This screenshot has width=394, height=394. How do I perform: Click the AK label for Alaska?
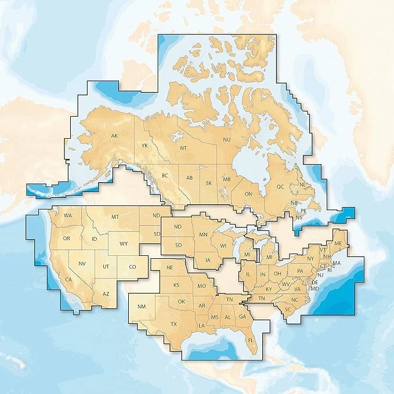[115, 137]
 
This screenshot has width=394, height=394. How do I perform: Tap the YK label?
[146, 145]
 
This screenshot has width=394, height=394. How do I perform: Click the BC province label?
[164, 175]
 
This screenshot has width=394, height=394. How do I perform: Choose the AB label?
[189, 178]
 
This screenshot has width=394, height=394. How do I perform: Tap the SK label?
[209, 183]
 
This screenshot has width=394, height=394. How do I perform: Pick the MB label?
[227, 179]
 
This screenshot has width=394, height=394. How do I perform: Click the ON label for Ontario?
[249, 194]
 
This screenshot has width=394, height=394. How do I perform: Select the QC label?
[280, 187]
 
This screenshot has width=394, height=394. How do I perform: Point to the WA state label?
[68, 216]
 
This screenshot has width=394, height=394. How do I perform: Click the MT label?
[115, 216]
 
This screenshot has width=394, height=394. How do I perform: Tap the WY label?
[123, 244]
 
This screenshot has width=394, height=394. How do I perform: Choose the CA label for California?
[68, 280]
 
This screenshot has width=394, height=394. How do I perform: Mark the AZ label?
[106, 294]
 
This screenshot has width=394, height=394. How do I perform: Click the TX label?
[173, 324]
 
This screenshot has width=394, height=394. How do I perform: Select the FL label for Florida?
[250, 340]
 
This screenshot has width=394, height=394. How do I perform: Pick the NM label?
[141, 306]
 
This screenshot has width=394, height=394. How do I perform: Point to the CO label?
[132, 267]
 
